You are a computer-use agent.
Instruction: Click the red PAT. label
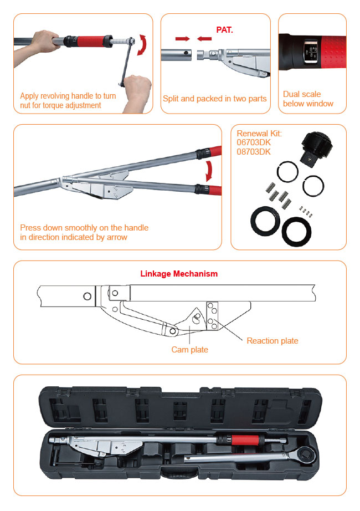coord(224,30)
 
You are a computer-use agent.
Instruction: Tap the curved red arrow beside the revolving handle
coord(142,45)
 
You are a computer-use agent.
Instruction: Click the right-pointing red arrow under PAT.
coord(182,39)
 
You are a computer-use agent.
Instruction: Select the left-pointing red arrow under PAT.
coord(204,39)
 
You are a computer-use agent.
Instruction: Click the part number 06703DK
coord(254,142)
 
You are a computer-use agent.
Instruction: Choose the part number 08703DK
coord(254,152)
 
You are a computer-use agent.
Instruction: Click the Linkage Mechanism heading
coord(179,274)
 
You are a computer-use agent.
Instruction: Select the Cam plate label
coord(189,350)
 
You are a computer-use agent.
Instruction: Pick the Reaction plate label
coord(272,341)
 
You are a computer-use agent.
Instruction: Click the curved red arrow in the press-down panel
coord(209,171)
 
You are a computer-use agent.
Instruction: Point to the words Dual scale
coord(302,94)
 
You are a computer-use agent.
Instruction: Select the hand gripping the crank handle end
coord(138,93)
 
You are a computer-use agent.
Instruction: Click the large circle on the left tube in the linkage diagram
coord(87,297)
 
